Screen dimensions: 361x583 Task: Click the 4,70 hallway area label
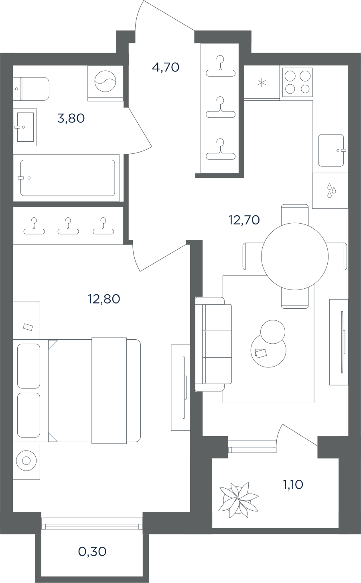coord(166,67)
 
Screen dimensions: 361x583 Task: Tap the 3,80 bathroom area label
coord(71,118)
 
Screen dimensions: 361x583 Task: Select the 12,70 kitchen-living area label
coord(244,220)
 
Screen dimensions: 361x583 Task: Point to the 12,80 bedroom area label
coord(104,299)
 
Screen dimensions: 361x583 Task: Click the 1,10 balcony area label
coord(293,485)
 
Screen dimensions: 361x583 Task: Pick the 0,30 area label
coord(92,552)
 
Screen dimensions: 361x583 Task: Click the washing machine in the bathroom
coord(105,83)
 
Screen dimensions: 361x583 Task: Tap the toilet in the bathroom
coord(31,89)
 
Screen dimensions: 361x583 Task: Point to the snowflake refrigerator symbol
coord(262,83)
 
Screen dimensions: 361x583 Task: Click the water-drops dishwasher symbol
coord(331,190)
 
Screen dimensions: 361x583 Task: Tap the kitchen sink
coord(331,151)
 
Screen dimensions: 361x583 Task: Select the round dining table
coord(295,256)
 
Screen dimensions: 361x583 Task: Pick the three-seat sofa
coord(213,344)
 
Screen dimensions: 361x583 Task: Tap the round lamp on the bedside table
coord(26,461)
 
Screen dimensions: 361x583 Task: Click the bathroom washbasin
coord(25,127)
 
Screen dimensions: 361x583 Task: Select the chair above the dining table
coord(295,214)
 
